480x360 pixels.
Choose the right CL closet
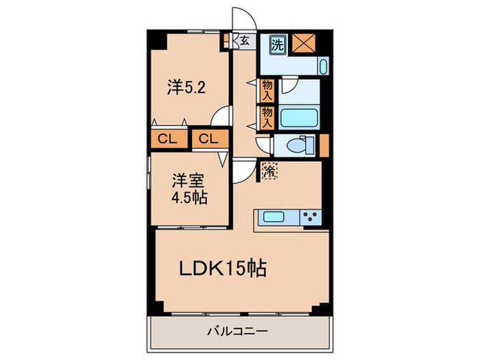tap(208, 139)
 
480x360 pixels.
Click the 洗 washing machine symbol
tap(277, 45)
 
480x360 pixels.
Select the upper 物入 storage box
tap(267, 89)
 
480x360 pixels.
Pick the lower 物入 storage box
tap(267, 117)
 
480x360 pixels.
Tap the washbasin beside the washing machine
tap(323, 67)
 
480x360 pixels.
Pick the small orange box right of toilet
tap(324, 145)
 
